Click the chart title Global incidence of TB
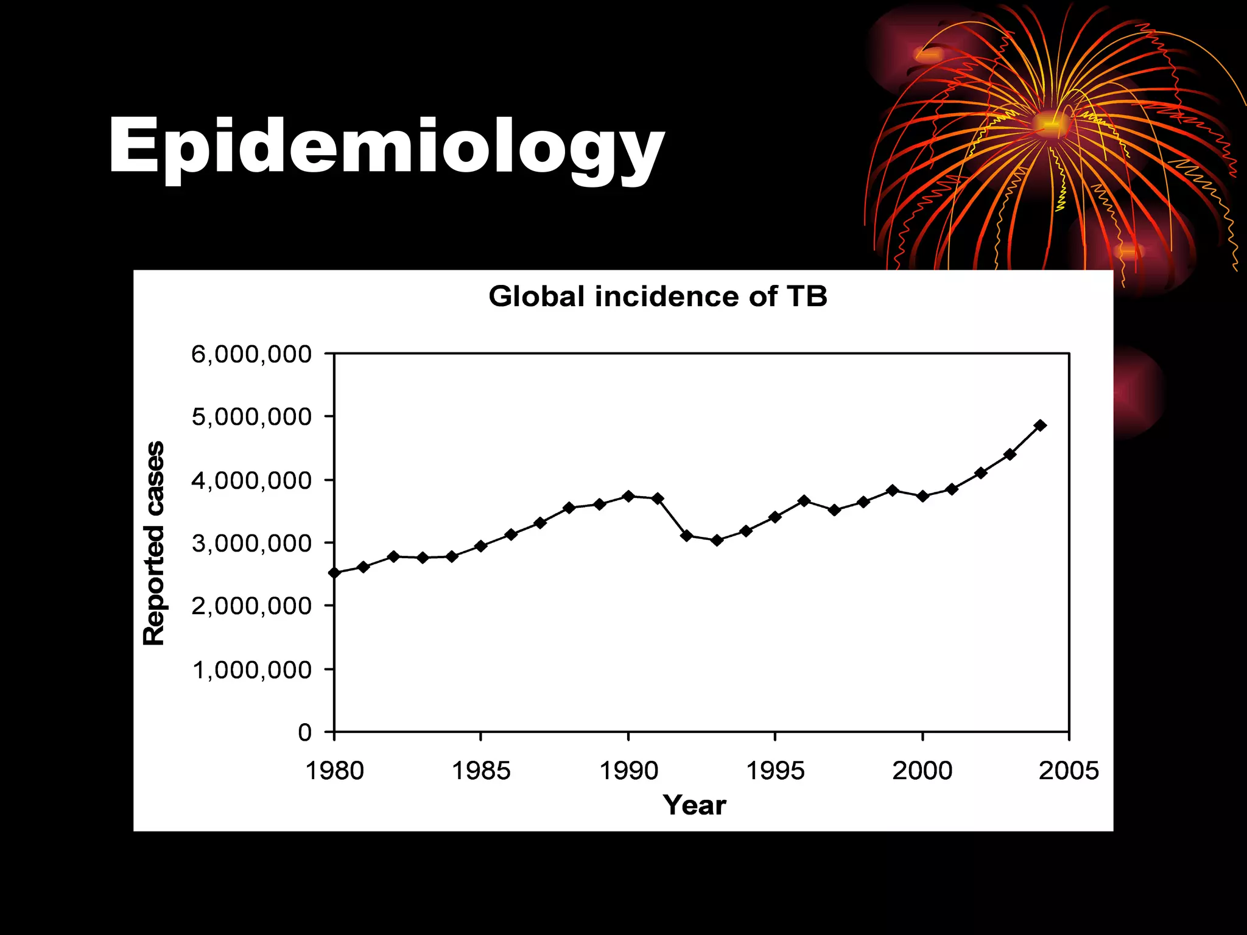tap(658, 297)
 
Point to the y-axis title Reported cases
tap(153, 543)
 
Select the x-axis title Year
tap(694, 805)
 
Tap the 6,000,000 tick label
tap(251, 354)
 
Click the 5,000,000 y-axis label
tap(251, 417)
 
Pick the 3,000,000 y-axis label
tap(251, 543)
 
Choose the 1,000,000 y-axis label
tap(251, 670)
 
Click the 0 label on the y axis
tap(304, 732)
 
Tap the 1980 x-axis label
tap(334, 771)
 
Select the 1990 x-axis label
tap(628, 771)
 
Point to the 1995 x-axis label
tap(775, 771)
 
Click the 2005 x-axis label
tap(1069, 771)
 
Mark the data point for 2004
tap(1040, 425)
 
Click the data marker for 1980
tap(334, 573)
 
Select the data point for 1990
tap(628, 496)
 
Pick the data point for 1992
tap(687, 536)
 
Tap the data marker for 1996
tap(804, 501)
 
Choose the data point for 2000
tap(922, 496)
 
